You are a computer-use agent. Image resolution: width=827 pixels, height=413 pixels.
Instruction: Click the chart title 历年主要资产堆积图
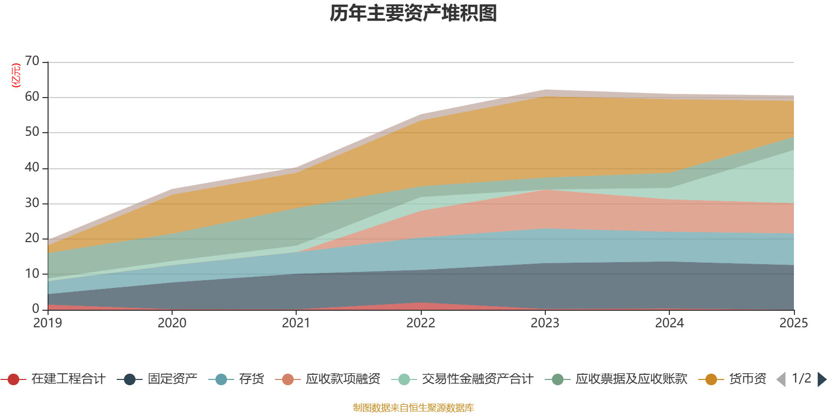pos(413,13)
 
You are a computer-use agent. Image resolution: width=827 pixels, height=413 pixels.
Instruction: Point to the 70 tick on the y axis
pos(32,61)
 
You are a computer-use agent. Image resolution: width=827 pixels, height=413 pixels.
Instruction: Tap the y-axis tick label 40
pos(32,167)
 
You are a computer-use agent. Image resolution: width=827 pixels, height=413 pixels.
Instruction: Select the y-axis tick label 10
pos(32,274)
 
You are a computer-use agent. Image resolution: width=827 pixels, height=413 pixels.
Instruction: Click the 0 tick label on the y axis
pos(36,309)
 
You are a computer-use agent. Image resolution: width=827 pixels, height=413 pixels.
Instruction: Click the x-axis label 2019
pos(48,323)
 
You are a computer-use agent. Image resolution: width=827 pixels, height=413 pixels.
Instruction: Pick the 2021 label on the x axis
pos(296,323)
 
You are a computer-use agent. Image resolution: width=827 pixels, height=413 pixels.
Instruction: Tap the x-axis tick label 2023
pos(545,323)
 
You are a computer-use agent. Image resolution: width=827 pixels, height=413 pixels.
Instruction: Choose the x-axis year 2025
pos(794,323)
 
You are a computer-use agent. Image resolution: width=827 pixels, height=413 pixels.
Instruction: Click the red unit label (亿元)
pos(16,75)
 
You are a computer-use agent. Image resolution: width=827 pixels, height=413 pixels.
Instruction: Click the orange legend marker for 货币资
pos(711,379)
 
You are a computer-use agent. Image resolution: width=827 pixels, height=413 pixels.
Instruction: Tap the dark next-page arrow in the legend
pos(822,379)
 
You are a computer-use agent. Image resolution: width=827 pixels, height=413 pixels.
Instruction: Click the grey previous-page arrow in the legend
pos(781,379)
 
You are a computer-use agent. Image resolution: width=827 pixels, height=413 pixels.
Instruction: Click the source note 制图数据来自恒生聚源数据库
pos(413,407)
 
